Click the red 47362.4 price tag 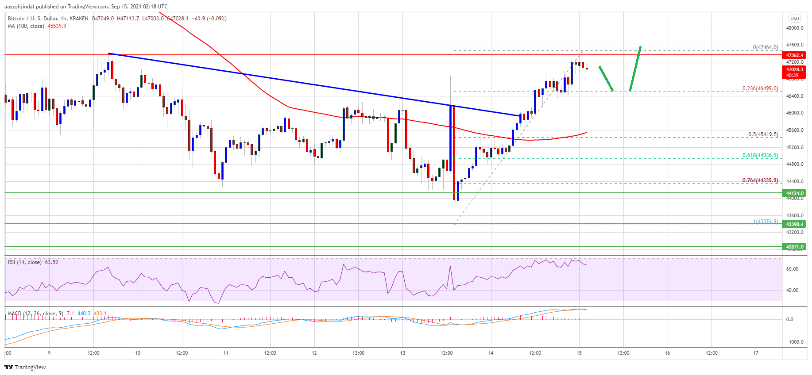point(795,55)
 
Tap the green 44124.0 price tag point(795,193)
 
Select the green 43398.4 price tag point(795,224)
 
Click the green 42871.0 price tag point(795,247)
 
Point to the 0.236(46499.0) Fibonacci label point(760,88)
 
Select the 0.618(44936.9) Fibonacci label point(760,155)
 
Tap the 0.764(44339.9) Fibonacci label point(760,180)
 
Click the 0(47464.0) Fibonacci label point(765,47)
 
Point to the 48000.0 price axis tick point(795,28)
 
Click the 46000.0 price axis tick point(795,113)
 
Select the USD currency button point(795,19)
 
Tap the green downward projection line point(606,79)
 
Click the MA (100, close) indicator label point(26,26)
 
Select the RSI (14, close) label point(25,262)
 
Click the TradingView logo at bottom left point(25,367)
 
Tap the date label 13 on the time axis point(402,353)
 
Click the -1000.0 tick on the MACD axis point(795,342)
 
